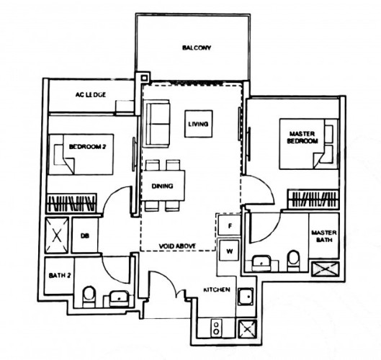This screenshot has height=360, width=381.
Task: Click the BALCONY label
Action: tap(197, 48)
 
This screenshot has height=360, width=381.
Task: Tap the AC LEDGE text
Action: tap(91, 94)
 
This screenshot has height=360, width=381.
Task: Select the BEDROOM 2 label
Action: tap(87, 147)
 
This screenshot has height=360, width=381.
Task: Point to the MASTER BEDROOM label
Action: tap(302, 138)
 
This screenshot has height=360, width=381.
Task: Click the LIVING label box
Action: tap(199, 124)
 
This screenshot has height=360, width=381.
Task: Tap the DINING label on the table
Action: tap(163, 186)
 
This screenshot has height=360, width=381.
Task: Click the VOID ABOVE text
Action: tap(177, 246)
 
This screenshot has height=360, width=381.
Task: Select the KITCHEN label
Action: tap(217, 289)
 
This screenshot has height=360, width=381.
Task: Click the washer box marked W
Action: tap(229, 251)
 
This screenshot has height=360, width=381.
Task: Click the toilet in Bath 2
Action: tap(89, 297)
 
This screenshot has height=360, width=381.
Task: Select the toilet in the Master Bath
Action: tap(294, 261)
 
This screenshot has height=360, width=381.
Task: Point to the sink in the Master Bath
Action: tap(261, 264)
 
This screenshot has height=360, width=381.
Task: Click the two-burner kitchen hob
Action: tap(216, 328)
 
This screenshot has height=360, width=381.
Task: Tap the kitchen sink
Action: tap(246, 297)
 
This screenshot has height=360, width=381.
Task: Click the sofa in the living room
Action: tap(156, 123)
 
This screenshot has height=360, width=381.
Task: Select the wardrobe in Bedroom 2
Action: tap(72, 203)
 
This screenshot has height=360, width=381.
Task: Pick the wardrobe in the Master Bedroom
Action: tap(313, 199)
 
